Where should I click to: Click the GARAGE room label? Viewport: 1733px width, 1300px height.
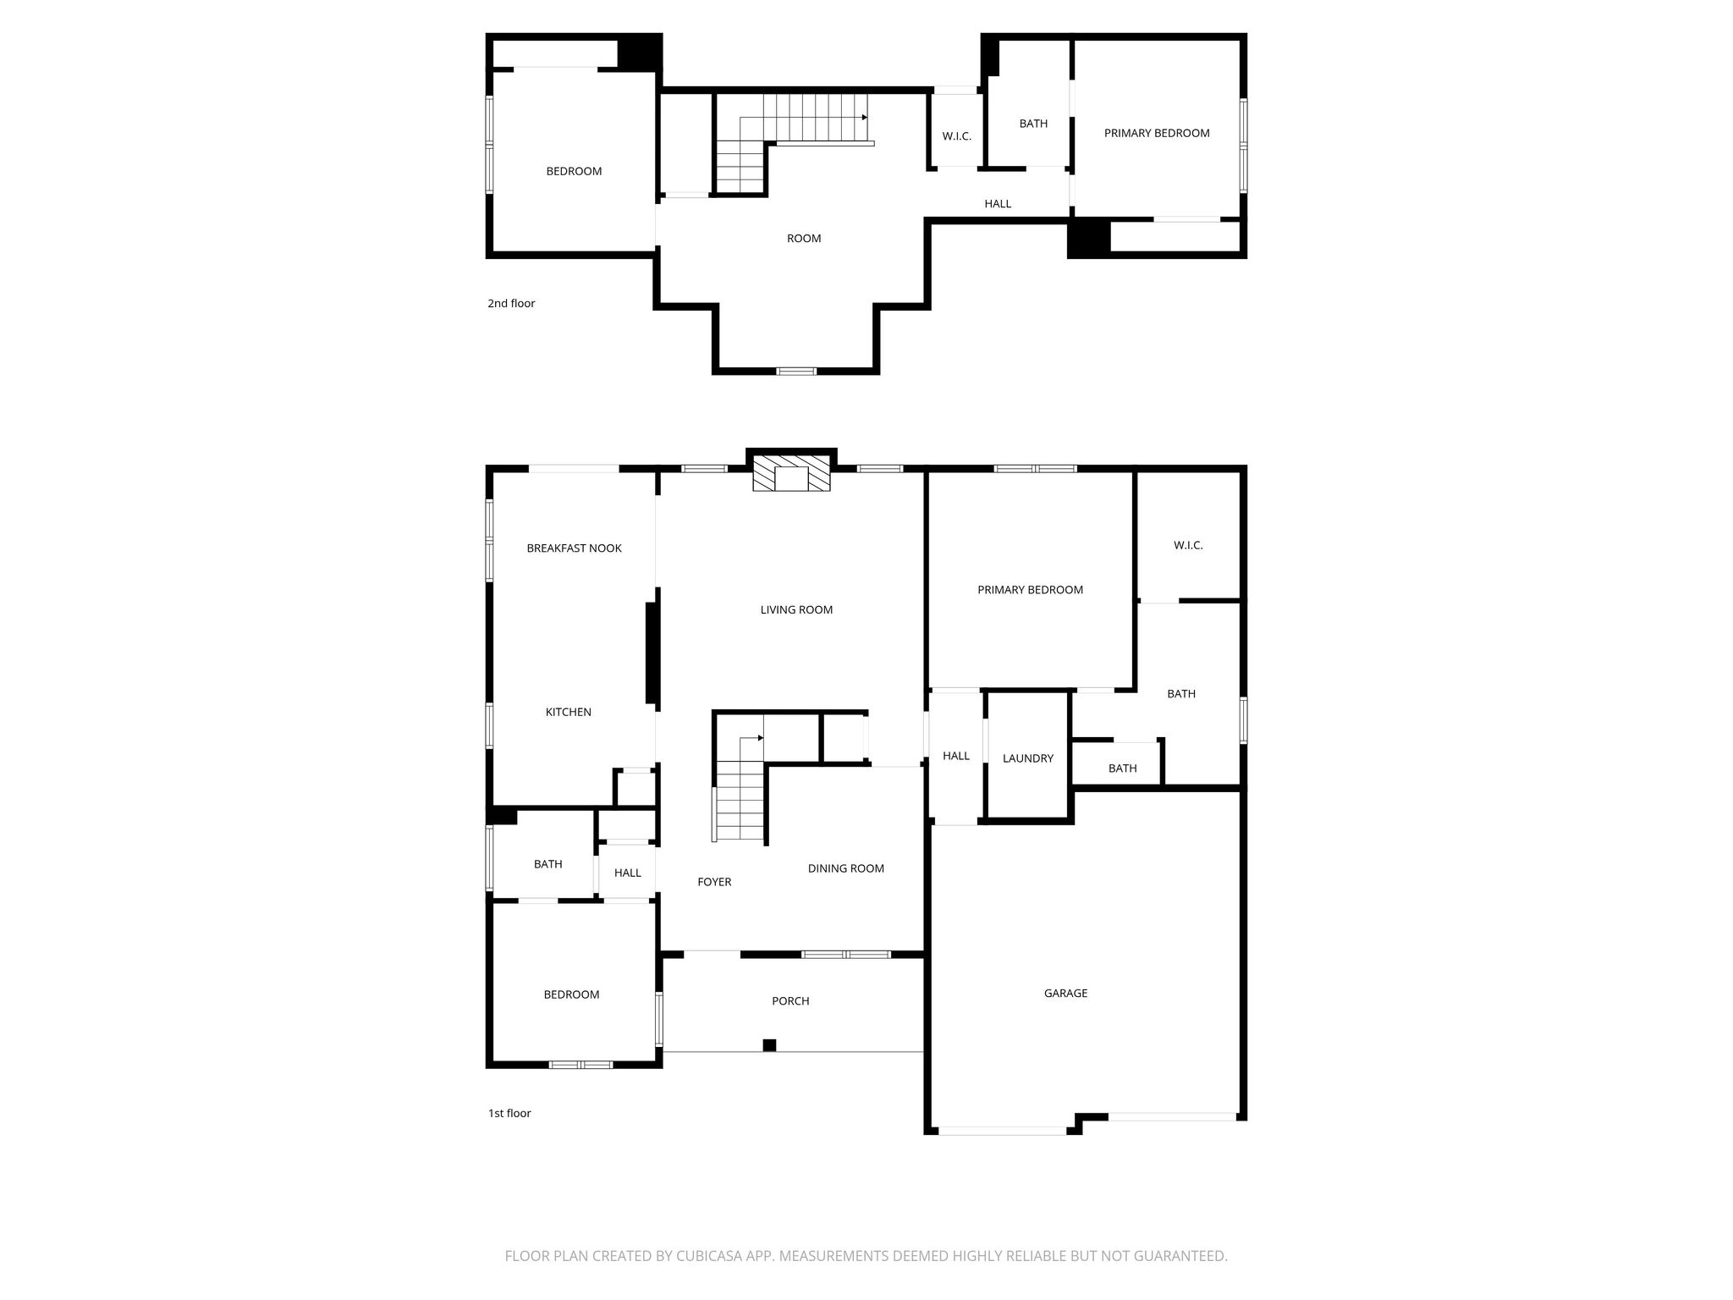click(1065, 993)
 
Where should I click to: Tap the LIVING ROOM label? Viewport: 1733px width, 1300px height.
click(796, 609)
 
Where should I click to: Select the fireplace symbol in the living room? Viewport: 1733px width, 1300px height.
click(792, 473)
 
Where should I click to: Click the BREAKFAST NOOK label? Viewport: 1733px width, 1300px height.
click(574, 548)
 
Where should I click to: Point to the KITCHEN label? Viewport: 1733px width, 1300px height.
click(568, 712)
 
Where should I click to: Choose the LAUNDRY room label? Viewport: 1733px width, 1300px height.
click(1028, 758)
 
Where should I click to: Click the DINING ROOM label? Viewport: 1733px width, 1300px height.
click(845, 868)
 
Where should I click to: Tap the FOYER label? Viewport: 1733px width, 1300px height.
click(714, 882)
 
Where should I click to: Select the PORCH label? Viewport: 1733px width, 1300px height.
click(790, 1001)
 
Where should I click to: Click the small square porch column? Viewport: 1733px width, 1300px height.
click(769, 1045)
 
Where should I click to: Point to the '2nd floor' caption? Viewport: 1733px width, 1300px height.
click(511, 303)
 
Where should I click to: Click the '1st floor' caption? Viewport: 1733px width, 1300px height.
click(509, 1113)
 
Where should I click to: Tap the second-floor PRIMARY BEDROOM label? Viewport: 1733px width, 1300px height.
click(1157, 133)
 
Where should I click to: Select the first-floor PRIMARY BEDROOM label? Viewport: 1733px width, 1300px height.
click(1030, 590)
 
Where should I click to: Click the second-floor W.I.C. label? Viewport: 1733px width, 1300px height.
click(956, 136)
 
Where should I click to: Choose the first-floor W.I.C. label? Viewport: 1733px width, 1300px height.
click(1188, 545)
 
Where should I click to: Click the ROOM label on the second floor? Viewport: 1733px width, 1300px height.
click(804, 239)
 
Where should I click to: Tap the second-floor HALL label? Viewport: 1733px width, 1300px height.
click(998, 204)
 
